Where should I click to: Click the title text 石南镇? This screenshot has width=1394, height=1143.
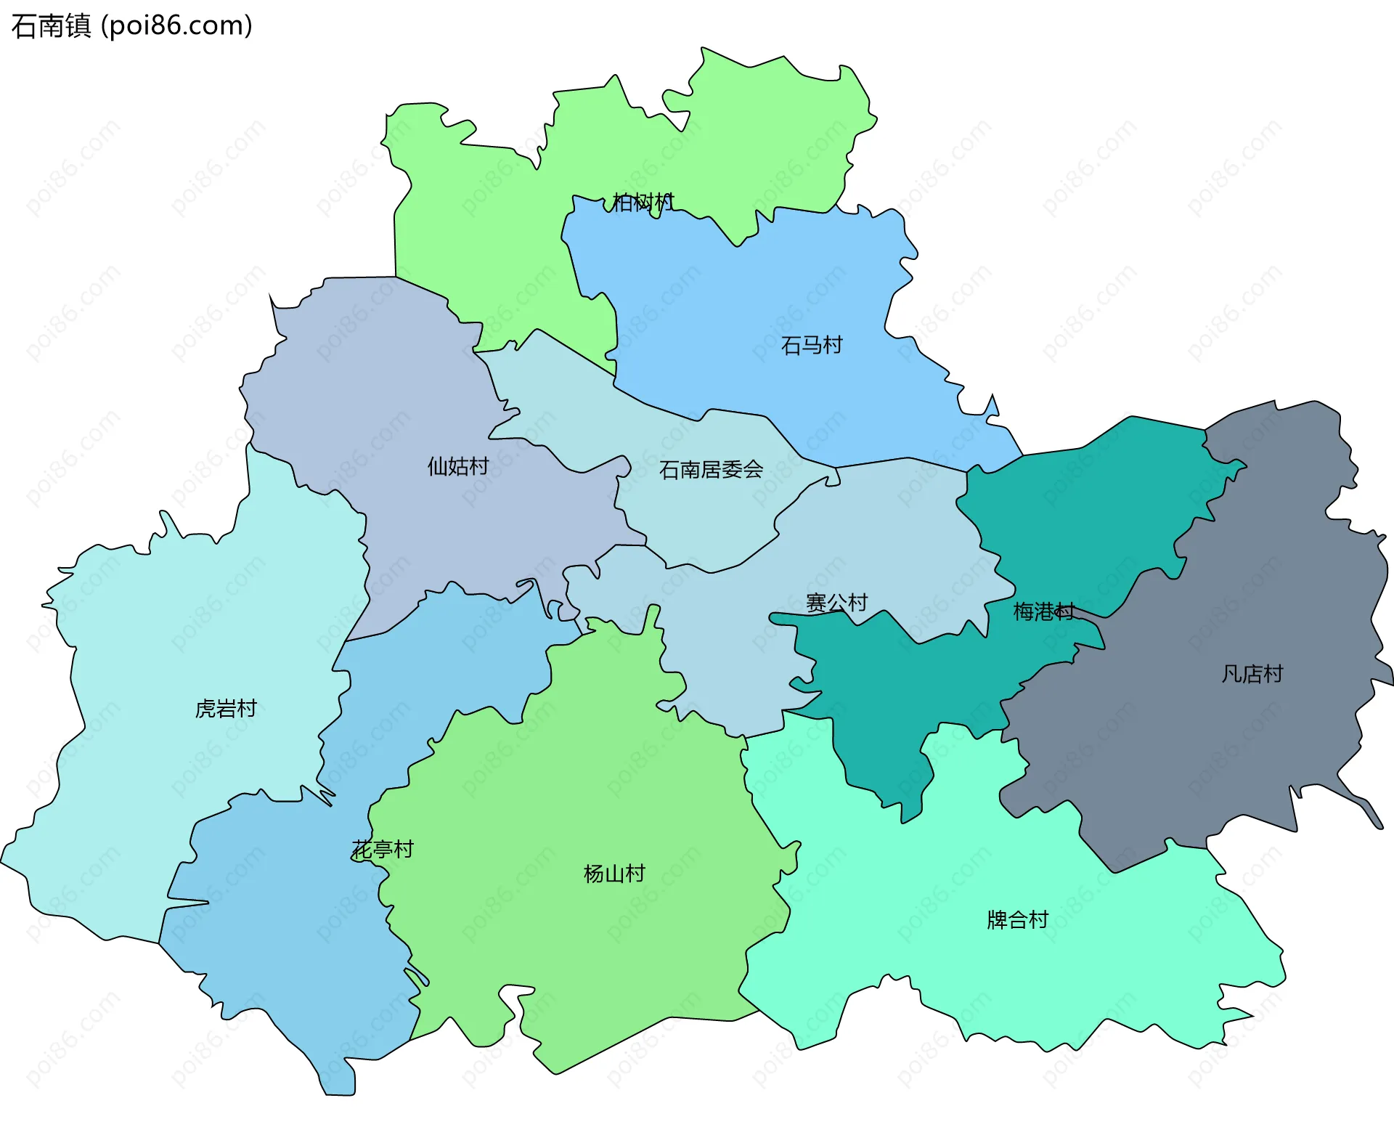[51, 26]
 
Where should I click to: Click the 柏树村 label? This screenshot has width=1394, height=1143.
[643, 202]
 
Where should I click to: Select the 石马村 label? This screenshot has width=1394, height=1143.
[811, 345]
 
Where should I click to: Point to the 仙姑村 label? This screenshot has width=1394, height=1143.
[457, 466]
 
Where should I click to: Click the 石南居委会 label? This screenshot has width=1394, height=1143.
[711, 470]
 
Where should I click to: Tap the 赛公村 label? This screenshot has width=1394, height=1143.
[836, 603]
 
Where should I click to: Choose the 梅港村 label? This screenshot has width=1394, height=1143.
[1043, 611]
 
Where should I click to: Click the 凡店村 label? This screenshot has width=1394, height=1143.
[1252, 674]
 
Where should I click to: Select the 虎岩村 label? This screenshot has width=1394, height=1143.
[226, 709]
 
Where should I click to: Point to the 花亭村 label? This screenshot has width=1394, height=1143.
[383, 849]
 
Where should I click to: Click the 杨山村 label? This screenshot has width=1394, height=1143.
[614, 874]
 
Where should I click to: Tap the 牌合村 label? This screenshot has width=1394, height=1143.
[1017, 920]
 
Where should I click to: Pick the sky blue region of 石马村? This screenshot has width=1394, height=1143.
[762, 290]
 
